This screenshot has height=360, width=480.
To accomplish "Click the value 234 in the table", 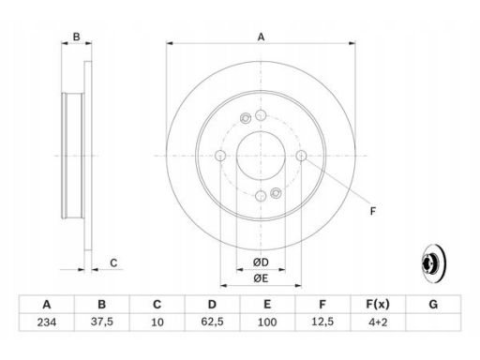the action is click(47, 322).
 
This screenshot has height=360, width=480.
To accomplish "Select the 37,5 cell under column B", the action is click(102, 322).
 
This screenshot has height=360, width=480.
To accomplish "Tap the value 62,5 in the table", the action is click(212, 322).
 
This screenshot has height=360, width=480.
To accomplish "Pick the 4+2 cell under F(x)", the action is click(378, 322).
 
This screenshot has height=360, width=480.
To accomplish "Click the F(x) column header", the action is click(378, 304).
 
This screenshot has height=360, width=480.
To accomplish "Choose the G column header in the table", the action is click(433, 304).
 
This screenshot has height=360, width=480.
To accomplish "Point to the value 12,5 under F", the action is click(322, 322).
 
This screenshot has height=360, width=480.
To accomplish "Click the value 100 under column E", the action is click(267, 322).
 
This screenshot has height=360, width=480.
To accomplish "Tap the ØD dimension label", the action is click(261, 262).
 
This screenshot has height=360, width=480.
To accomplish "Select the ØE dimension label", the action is click(261, 278).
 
